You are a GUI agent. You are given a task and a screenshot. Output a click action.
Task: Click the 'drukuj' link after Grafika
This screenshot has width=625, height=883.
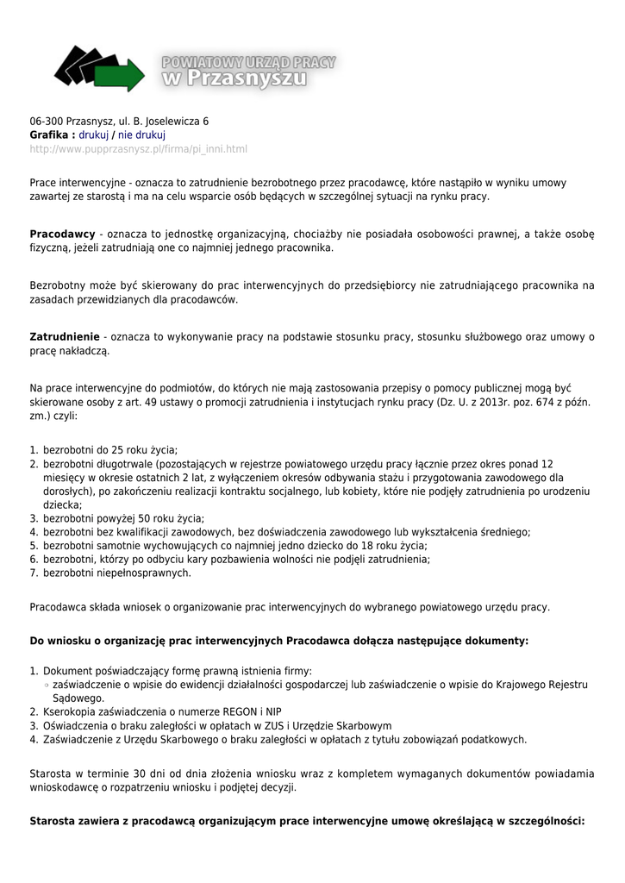[x=94, y=135]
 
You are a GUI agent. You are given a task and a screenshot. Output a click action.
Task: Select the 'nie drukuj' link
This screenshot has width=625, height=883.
[x=141, y=135]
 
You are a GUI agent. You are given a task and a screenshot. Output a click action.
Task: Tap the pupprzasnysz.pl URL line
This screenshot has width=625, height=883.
[x=138, y=149]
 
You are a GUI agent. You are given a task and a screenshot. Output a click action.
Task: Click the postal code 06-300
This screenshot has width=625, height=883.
[x=46, y=122]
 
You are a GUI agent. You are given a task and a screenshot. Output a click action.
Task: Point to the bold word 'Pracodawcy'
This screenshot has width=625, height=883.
[x=62, y=235]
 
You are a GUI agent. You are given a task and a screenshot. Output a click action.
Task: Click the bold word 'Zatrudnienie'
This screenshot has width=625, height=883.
[x=65, y=336]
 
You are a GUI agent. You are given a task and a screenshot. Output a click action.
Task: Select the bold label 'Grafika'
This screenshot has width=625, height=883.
[x=49, y=135]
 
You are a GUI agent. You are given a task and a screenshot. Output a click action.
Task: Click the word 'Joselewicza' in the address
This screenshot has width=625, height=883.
[x=178, y=122]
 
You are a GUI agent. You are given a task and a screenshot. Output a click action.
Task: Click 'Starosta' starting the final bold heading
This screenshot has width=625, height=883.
[x=53, y=821]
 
